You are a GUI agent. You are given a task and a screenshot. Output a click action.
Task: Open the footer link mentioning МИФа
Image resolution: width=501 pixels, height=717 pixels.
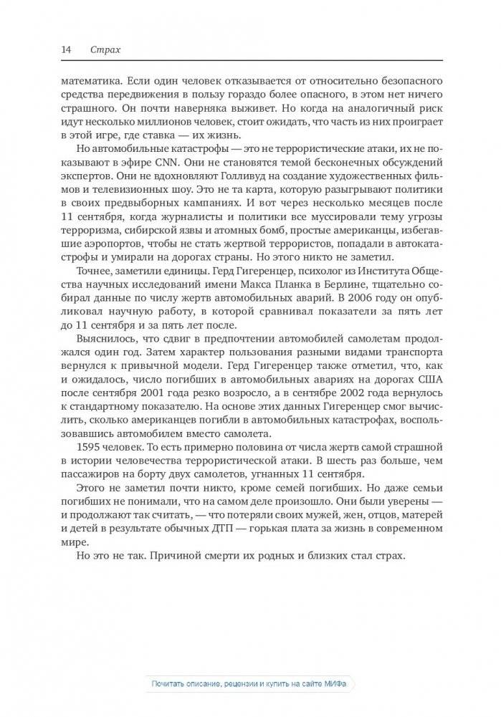[250, 684]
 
